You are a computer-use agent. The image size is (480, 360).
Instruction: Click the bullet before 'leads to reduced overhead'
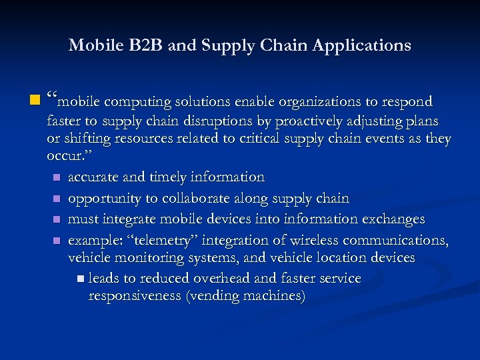coord(81,279)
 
